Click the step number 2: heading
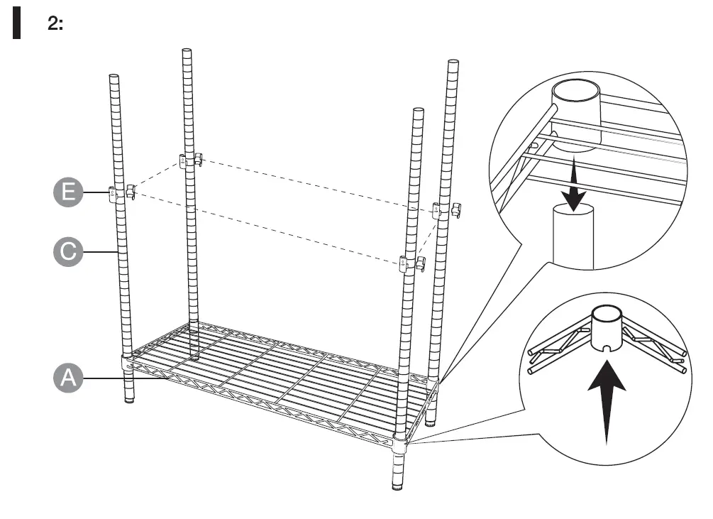[x=55, y=24]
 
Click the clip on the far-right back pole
[x=445, y=210]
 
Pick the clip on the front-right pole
[x=411, y=263]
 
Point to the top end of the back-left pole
[x=187, y=51]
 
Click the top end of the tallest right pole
[x=452, y=64]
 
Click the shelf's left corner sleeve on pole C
[x=126, y=361]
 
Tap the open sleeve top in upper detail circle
[x=577, y=92]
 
